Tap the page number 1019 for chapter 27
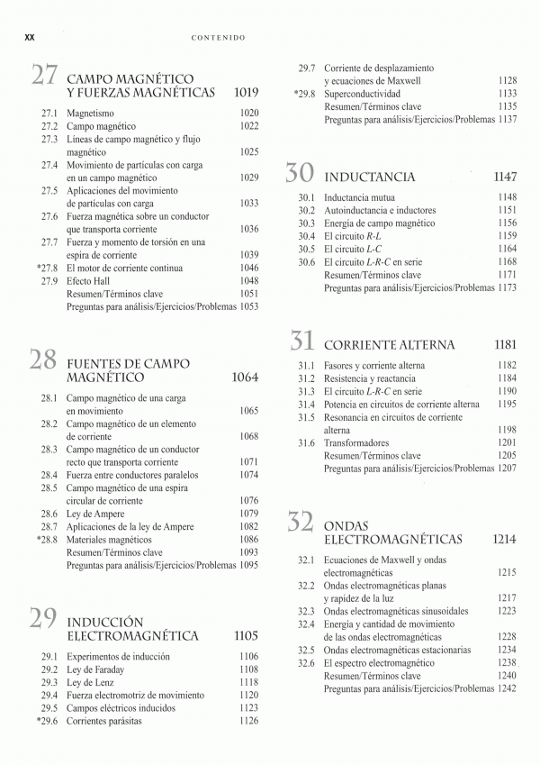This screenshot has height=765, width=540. coord(246,93)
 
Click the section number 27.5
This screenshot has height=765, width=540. coord(49,191)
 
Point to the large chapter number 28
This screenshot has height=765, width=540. coord(44,360)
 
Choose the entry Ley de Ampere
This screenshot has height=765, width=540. coord(96,513)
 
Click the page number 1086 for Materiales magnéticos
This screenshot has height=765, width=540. coord(248,539)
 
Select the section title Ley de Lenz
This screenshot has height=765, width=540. coord(93,682)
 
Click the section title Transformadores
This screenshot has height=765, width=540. coord(356,443)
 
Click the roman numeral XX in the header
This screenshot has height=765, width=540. coord(29,37)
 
